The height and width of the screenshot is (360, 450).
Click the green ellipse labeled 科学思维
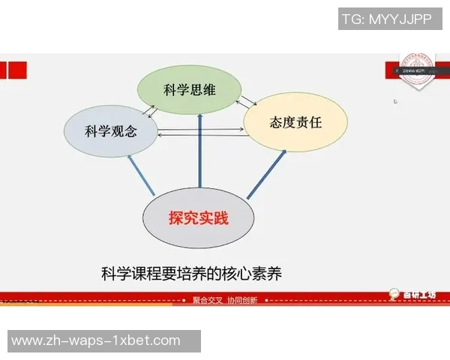pyautogui.click(x=189, y=89)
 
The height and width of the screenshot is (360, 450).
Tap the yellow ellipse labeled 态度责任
pyautogui.click(x=295, y=121)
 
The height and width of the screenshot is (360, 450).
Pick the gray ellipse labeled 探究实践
pyautogui.click(x=198, y=218)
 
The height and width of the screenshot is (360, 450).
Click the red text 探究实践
pyautogui.click(x=198, y=218)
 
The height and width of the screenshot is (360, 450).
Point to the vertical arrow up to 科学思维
pyautogui.click(x=200, y=150)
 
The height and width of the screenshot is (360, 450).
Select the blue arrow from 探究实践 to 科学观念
pyautogui.click(x=142, y=177)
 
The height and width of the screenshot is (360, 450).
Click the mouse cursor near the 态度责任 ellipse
pyautogui.click(x=395, y=101)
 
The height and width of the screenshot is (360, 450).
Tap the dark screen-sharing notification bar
pyautogui.click(x=413, y=71)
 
